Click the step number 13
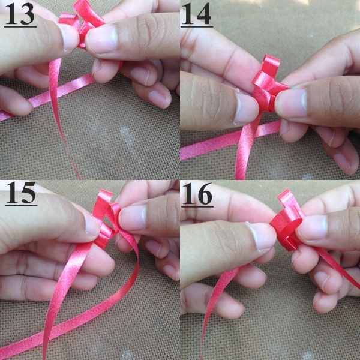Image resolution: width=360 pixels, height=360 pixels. tap(20, 14)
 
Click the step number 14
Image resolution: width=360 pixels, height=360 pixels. tap(197, 14)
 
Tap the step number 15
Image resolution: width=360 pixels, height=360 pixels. tap(20, 193)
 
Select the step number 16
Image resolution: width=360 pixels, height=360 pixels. tap(197, 193)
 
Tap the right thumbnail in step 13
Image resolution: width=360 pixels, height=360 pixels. tap(102, 38)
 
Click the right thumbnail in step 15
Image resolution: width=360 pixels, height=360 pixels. tap(133, 218)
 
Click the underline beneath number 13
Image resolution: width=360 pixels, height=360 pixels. tap(20, 27)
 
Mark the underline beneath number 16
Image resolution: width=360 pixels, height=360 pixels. tap(197, 206)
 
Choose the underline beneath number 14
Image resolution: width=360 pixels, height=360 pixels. tap(197, 27)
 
